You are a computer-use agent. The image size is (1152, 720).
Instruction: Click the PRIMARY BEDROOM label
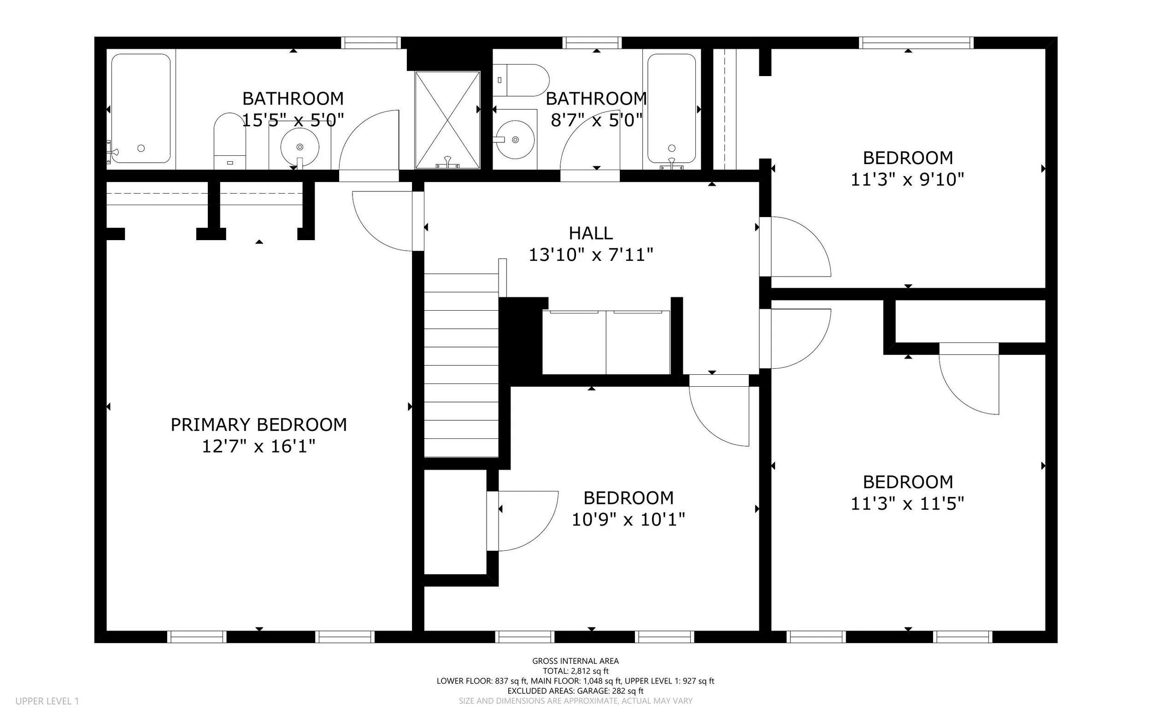pos(259,425)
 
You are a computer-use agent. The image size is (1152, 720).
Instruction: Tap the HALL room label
pos(591,233)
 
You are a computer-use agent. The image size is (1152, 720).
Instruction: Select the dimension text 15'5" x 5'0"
pos(293,120)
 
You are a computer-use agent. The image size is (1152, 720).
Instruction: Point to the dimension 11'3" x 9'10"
pos(907,179)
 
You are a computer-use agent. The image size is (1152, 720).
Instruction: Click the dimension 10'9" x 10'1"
pos(629,519)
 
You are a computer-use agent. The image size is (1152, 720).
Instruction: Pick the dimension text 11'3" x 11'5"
pos(907,504)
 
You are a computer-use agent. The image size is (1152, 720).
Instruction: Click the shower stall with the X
pos(447,120)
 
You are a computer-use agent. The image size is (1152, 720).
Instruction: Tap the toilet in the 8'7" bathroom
pos(521,80)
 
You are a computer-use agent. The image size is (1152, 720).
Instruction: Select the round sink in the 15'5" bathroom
pos(300,147)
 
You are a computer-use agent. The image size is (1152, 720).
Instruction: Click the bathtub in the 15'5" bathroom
pos(141,109)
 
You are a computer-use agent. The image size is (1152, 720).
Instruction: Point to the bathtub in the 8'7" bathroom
pos(672,109)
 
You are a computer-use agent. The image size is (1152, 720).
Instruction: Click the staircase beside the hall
pos(461,365)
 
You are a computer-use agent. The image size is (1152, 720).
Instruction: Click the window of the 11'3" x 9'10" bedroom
pos(917,43)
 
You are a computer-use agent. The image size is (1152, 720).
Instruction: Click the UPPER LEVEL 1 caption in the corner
pos(47,701)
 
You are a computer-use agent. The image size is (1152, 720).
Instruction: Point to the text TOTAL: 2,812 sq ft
pos(576,671)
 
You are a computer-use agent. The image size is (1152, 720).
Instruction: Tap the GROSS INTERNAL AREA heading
pos(576,661)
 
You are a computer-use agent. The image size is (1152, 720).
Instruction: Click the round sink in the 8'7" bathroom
pos(515,140)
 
